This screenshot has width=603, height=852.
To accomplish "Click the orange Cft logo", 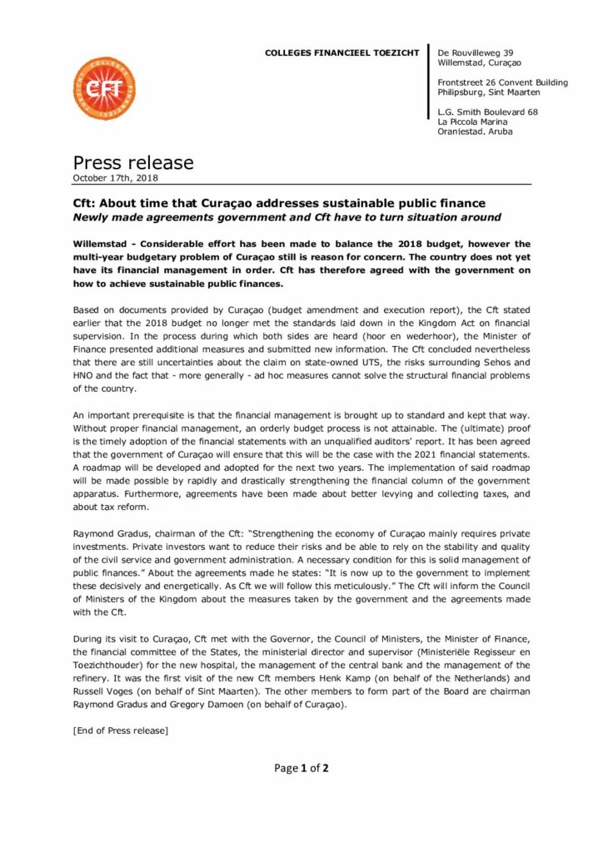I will tap(103, 88).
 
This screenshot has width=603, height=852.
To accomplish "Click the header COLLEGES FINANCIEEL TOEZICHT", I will tap(341, 52).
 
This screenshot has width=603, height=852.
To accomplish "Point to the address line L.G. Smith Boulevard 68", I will tap(488, 111).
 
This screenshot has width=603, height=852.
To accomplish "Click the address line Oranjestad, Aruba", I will tap(476, 131).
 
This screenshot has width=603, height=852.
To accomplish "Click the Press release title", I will tap(133, 162).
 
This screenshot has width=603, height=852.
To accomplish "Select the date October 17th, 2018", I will tap(116, 178).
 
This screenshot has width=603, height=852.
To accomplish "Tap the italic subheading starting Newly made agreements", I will tap(287, 217).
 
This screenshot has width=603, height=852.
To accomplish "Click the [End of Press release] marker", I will tap(121, 731).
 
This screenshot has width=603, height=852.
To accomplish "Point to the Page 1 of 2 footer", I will tap(301, 768).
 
